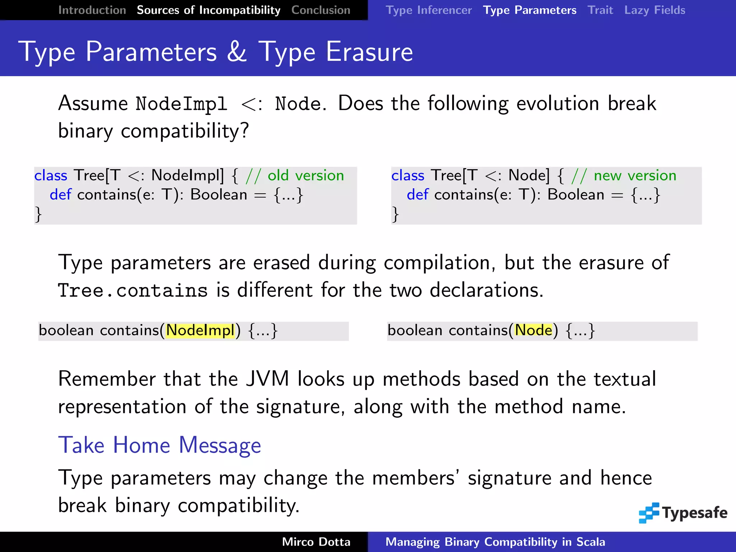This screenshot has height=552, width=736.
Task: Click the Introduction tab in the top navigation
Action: tap(92, 10)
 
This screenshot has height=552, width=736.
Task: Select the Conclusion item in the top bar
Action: tap(321, 10)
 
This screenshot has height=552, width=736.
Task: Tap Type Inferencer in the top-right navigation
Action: tap(428, 10)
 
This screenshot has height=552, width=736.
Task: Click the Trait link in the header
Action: tap(600, 10)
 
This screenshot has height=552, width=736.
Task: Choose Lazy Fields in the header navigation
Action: tap(654, 10)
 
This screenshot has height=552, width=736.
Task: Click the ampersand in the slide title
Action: tap(237, 52)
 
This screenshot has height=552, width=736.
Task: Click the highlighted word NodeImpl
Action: tap(200, 330)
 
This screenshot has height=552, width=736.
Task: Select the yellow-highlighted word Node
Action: tap(533, 330)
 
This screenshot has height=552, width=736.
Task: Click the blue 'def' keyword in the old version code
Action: tap(60, 195)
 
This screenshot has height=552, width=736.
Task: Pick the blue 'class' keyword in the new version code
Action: tap(408, 176)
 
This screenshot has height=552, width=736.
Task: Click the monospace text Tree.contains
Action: tap(133, 290)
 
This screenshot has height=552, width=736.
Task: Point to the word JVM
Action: tap(267, 379)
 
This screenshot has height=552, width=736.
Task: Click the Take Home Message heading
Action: tap(160, 445)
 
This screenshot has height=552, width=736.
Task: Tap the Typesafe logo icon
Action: tap(649, 513)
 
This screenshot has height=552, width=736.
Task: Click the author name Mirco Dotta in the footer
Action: tap(316, 542)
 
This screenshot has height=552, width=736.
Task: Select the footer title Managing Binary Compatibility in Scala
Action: tap(495, 542)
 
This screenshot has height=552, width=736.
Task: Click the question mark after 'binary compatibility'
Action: tap(245, 130)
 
